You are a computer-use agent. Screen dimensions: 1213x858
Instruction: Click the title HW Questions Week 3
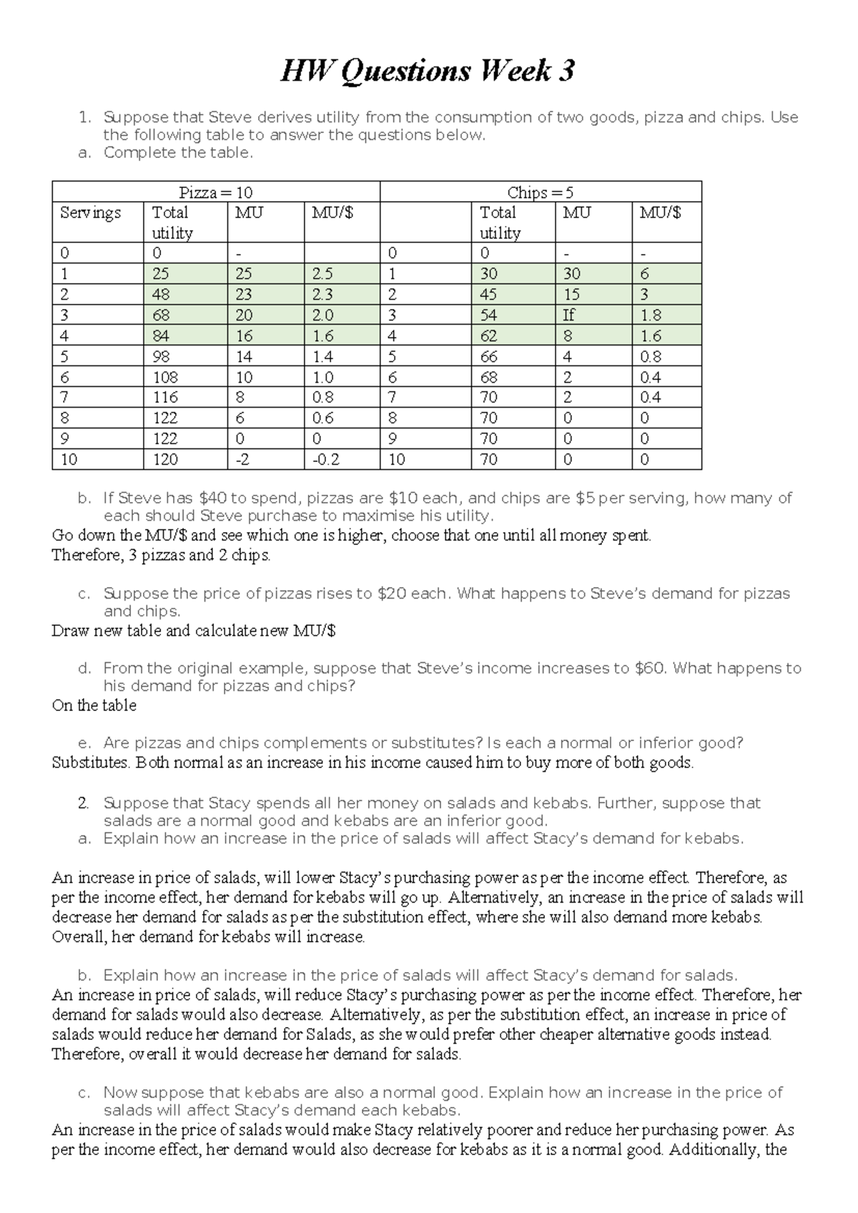pyautogui.click(x=427, y=71)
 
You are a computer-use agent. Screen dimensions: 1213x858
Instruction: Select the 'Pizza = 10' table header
pyautogui.click(x=215, y=192)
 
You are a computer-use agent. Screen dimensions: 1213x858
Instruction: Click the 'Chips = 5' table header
pyautogui.click(x=540, y=192)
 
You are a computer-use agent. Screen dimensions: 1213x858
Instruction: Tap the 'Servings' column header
pyautogui.click(x=90, y=213)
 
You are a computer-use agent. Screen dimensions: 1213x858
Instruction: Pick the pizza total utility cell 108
pyautogui.click(x=165, y=377)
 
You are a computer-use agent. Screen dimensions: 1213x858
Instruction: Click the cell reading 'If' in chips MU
pyautogui.click(x=569, y=315)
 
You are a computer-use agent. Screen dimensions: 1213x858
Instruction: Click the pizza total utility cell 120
pyautogui.click(x=165, y=459)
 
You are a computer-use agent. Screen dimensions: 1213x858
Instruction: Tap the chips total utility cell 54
pyautogui.click(x=488, y=315)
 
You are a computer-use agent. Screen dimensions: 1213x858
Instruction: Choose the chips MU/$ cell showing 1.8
pyautogui.click(x=651, y=315)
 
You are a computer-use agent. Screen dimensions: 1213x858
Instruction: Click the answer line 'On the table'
pyautogui.click(x=94, y=706)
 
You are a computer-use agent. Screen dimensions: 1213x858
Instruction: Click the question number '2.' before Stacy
pyautogui.click(x=84, y=803)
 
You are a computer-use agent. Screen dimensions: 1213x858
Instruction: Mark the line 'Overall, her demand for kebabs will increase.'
pyautogui.click(x=209, y=937)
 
